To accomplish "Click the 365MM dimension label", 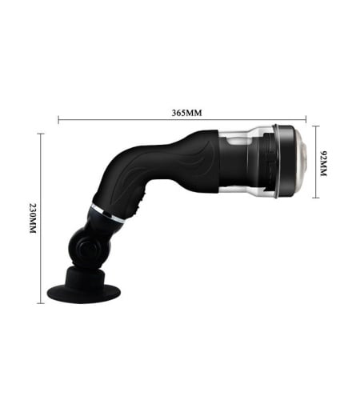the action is point(186,113).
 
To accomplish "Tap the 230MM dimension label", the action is point(33,218).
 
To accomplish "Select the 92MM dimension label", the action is point(323,163).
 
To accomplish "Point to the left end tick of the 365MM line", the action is point(58,120).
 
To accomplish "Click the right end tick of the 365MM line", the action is point(306,119).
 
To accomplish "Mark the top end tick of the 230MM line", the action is point(41,134).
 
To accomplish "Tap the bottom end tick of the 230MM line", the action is point(41,303).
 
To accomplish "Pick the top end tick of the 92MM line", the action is point(316,126).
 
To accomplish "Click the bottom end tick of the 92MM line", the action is point(316,198).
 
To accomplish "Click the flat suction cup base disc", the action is point(84,293).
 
